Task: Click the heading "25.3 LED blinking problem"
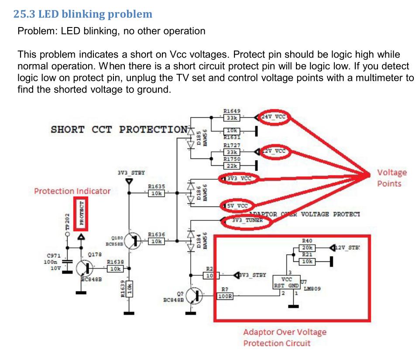83,14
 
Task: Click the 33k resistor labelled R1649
230,117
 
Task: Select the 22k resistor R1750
230,165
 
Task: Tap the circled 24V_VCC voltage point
275,117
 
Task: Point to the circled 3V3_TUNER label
247,221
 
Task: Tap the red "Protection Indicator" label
72,191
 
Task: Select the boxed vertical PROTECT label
80,213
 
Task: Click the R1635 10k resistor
156,193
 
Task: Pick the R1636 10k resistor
156,241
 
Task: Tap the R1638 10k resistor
115,269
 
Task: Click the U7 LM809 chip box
287,282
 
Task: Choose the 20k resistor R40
307,248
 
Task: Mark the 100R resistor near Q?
225,296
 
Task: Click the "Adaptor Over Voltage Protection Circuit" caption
285,337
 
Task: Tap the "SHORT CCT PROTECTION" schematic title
119,130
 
